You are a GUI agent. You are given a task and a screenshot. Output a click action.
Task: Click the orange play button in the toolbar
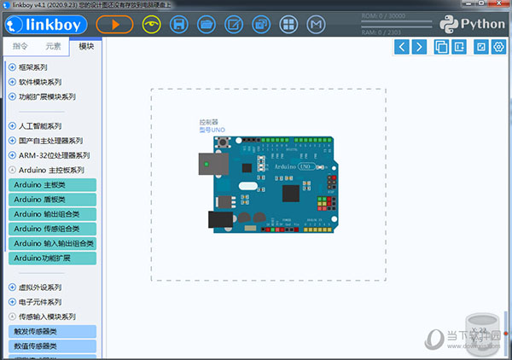pos(114,24)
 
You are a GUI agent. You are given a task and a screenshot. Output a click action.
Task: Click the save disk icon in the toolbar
pos(179,24)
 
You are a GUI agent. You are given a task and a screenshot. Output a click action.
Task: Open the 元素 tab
pos(53,47)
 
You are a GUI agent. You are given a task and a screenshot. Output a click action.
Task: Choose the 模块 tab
pos(85,47)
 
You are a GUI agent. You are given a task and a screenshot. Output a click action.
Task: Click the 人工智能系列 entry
pos(39,125)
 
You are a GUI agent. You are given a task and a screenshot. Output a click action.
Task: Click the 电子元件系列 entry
pos(39,302)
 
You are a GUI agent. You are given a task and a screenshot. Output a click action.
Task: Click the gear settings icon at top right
pos(499,46)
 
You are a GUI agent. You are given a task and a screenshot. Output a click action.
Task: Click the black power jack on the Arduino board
pos(219,218)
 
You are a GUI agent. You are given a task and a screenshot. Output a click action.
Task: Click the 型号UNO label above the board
pos(212,130)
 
